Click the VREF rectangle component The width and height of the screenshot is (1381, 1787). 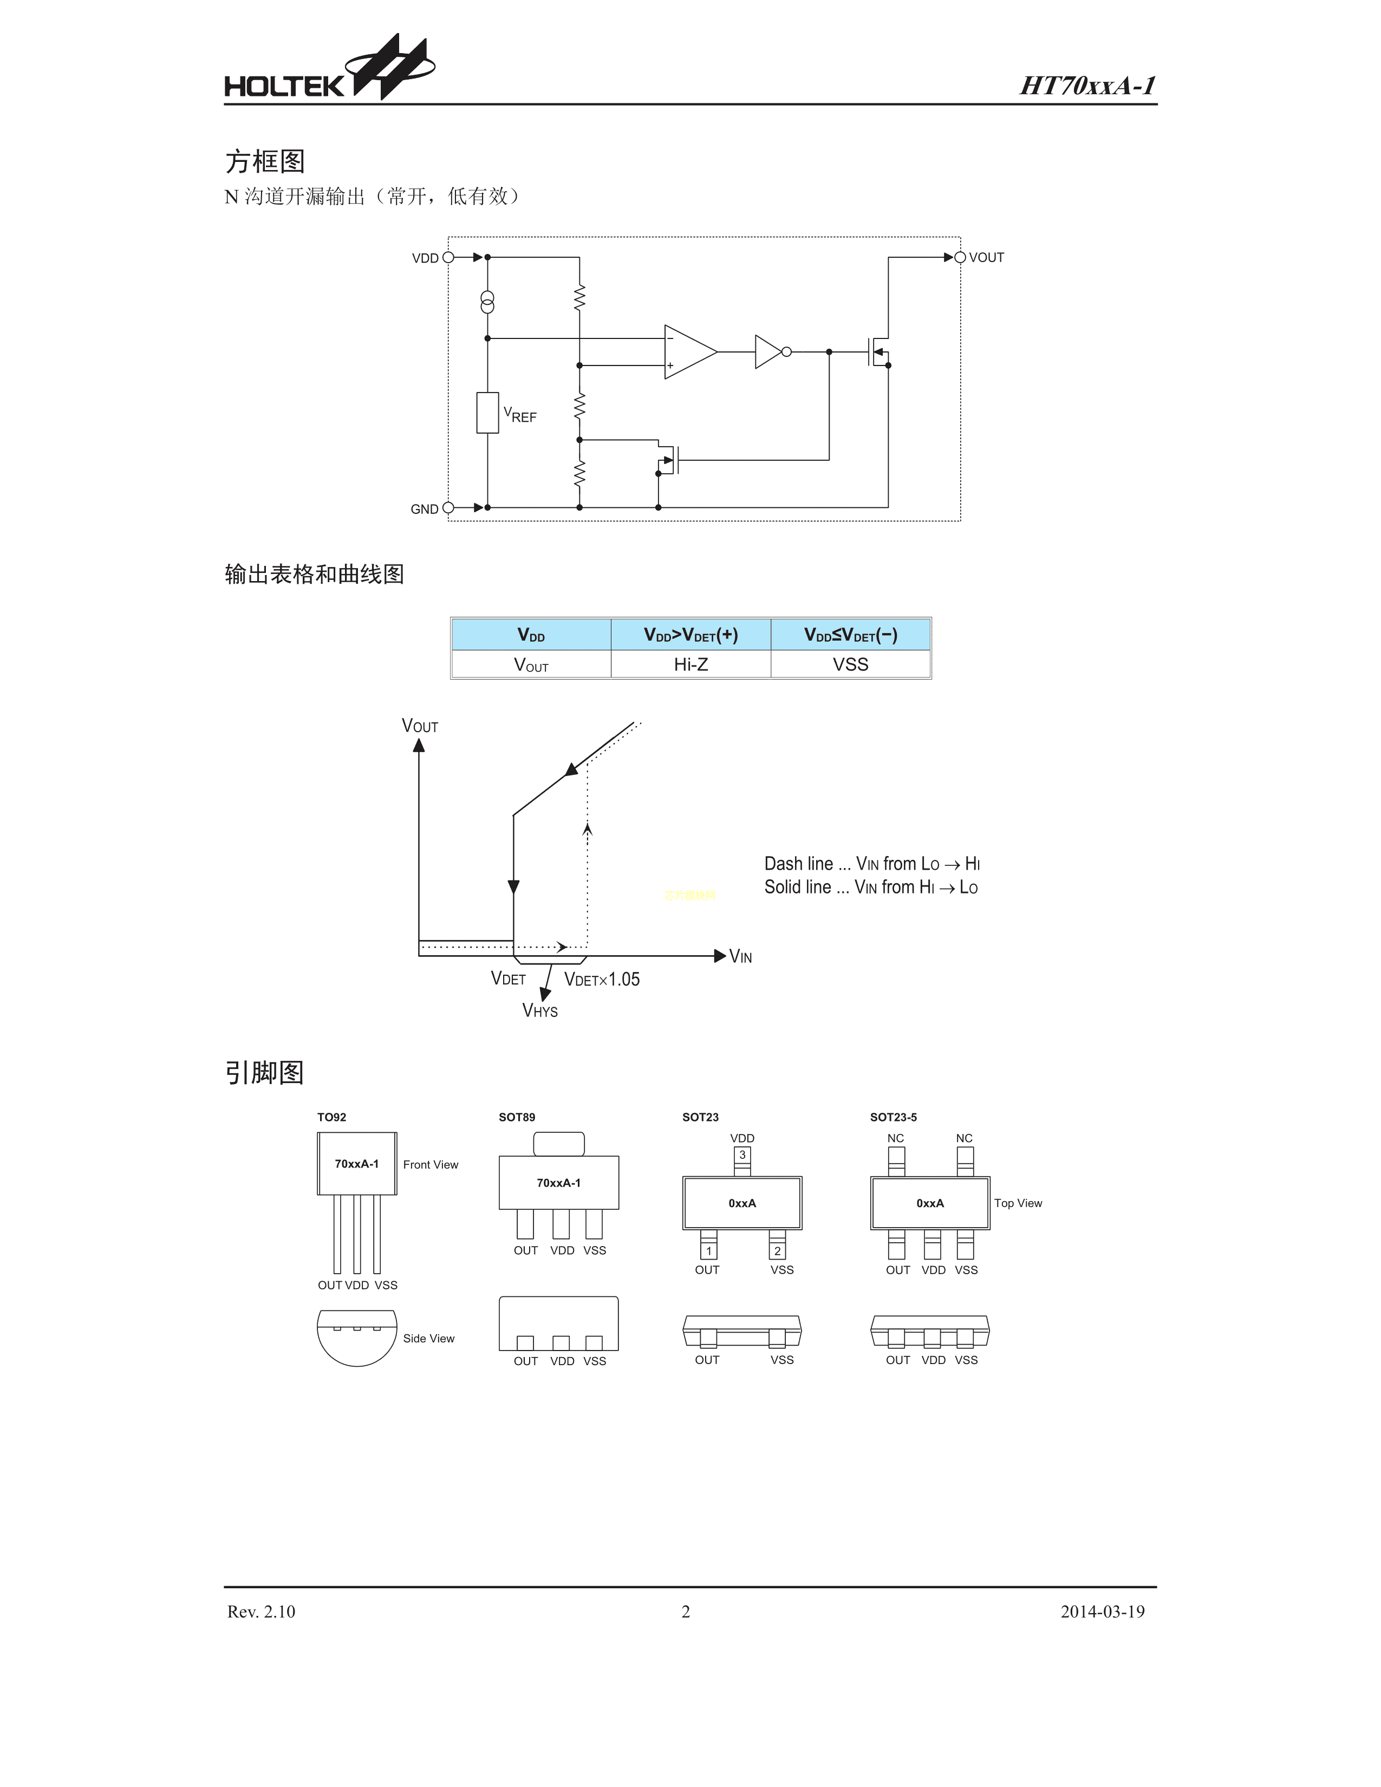point(487,413)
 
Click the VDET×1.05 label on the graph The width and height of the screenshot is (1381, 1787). point(602,980)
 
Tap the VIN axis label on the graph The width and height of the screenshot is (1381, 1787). point(740,956)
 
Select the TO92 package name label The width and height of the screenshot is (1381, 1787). point(331,1117)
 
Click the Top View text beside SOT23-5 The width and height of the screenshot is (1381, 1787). point(1018,1203)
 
